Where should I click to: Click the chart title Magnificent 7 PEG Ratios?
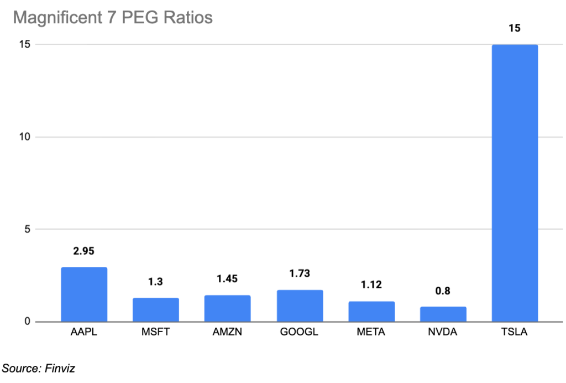pyautogui.click(x=113, y=18)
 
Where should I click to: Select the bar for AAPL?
pyautogui.click(x=84, y=294)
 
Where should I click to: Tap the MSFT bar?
pyautogui.click(x=155, y=309)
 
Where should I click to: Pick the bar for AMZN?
pyautogui.click(x=227, y=309)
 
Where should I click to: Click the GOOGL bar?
pyautogui.click(x=300, y=306)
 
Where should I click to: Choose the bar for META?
pyautogui.click(x=371, y=312)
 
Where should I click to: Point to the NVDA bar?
pyautogui.click(x=443, y=314)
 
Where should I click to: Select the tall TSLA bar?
pyautogui.click(x=515, y=183)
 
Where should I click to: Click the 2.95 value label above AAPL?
pyautogui.click(x=84, y=251)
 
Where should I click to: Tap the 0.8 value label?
pyautogui.click(x=443, y=291)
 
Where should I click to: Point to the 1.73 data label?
pyautogui.click(x=300, y=273)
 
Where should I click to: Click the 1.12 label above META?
pyautogui.click(x=371, y=284)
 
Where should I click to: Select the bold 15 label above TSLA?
pyautogui.click(x=515, y=28)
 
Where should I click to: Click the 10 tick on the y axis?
pyautogui.click(x=24, y=137)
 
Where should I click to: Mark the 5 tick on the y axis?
pyautogui.click(x=28, y=229)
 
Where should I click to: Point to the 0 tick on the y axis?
pyautogui.click(x=28, y=322)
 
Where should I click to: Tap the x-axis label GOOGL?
pyautogui.click(x=299, y=332)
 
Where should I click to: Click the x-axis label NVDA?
pyautogui.click(x=443, y=332)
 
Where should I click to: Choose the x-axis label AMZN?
pyautogui.click(x=227, y=332)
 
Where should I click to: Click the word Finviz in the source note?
pyautogui.click(x=60, y=369)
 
